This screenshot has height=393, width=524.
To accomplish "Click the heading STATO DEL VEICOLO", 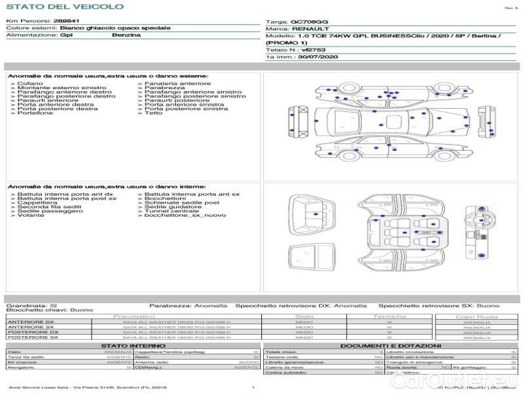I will (x=64, y=7).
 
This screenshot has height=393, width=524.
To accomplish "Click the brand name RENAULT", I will (x=306, y=29).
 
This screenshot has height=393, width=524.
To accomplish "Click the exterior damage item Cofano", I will (x=30, y=84).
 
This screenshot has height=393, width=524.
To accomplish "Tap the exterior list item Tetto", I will (x=153, y=113).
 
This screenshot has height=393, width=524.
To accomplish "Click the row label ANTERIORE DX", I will (x=31, y=322).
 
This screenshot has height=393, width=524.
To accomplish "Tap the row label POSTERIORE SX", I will (x=32, y=337).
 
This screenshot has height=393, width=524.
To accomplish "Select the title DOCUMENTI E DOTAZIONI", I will (x=390, y=345).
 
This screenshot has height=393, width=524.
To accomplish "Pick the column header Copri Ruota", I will (x=476, y=317).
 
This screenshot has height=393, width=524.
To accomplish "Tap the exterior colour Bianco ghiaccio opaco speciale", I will (x=115, y=29).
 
